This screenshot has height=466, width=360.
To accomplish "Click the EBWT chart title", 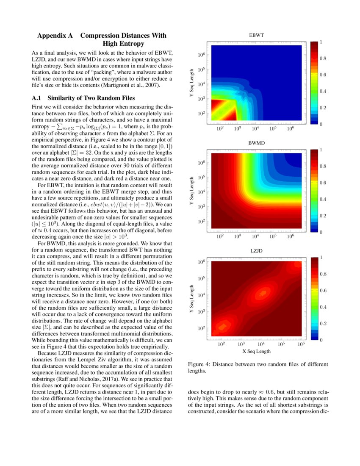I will click(x=256, y=35).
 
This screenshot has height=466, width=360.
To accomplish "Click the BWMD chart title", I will click(x=256, y=143).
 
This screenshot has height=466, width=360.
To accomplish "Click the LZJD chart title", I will click(x=256, y=251).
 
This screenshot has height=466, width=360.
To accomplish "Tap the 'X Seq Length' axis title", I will click(x=256, y=351).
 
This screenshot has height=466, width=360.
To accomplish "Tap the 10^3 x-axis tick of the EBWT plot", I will click(x=237, y=128).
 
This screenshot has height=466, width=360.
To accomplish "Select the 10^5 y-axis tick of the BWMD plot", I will click(x=201, y=177).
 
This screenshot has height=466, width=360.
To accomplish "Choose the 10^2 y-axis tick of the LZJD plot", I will click(x=201, y=327).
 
